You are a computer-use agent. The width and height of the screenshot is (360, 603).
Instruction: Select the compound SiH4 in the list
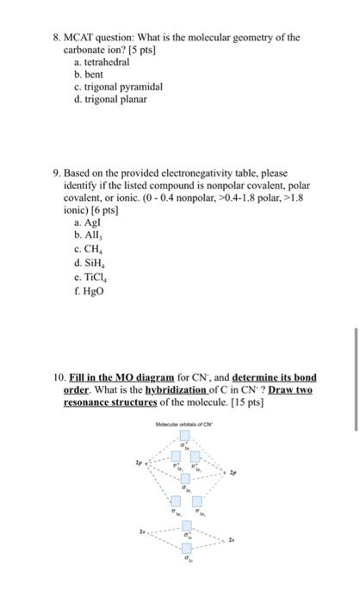coord(89,263)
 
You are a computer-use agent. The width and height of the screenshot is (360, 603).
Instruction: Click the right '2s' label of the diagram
coord(232,539)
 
